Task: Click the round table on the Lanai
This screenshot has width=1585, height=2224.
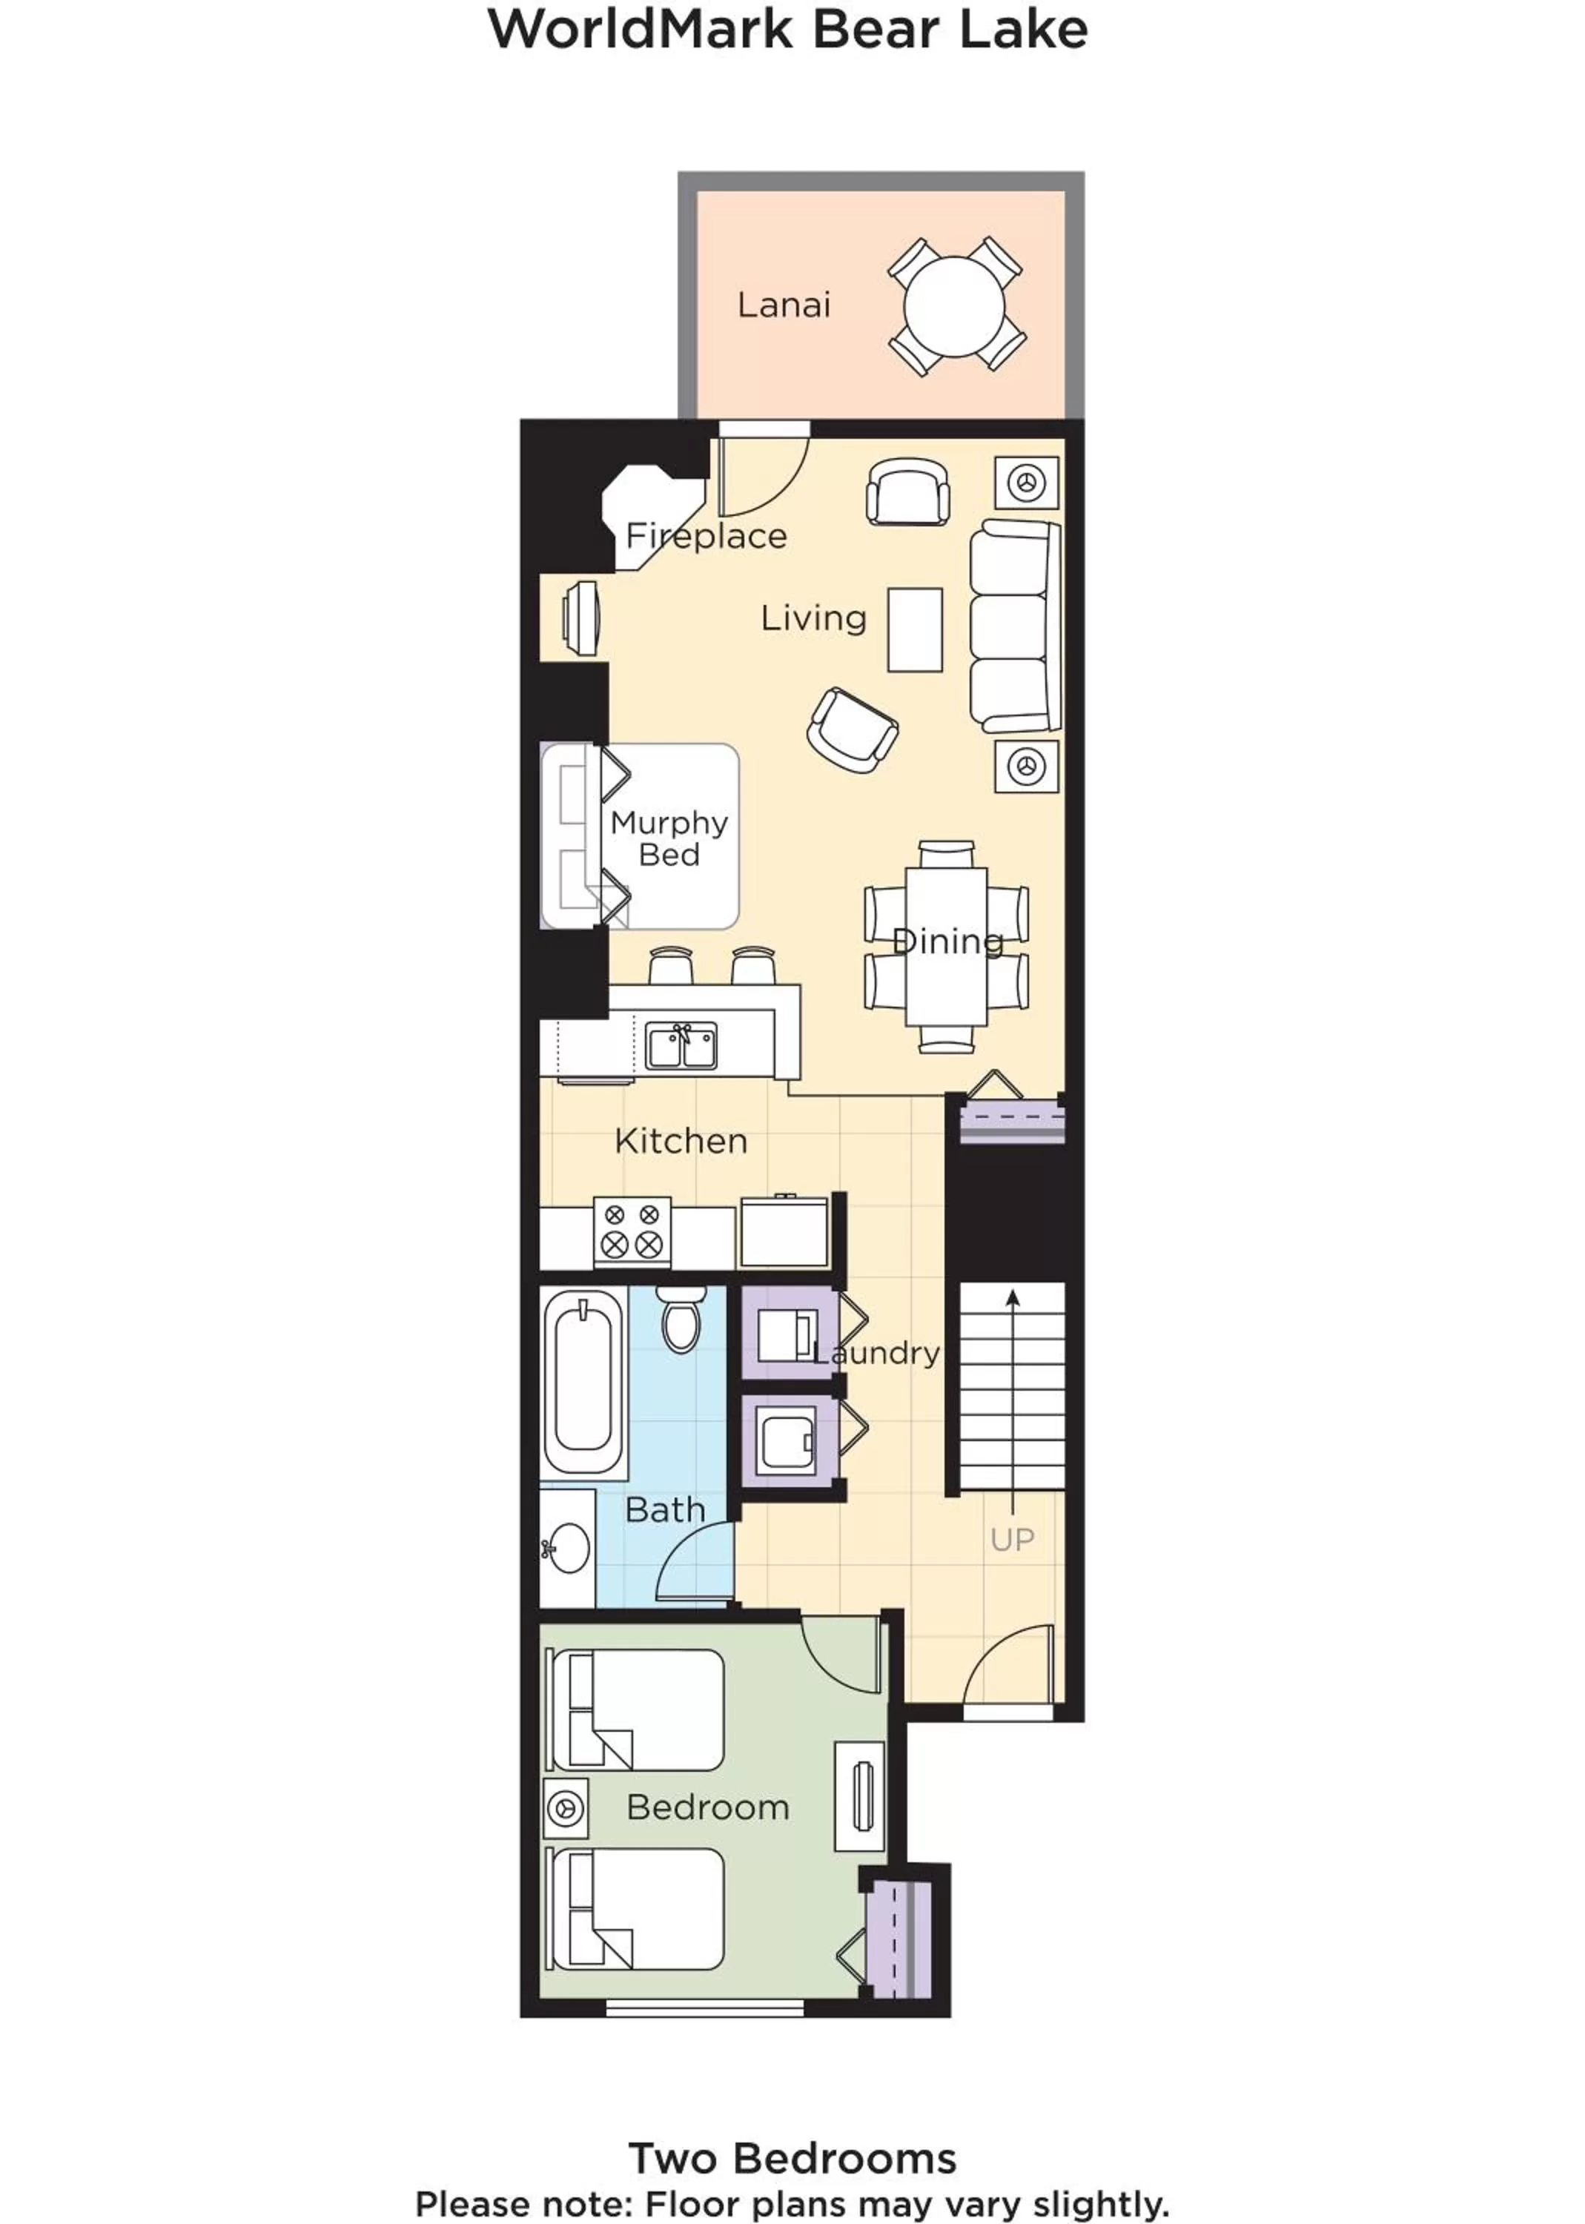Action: pyautogui.click(x=953, y=306)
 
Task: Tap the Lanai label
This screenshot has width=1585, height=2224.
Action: pyautogui.click(x=784, y=305)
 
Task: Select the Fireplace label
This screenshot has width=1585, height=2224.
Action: pyautogui.click(x=706, y=536)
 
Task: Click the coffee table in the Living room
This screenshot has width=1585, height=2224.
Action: pyautogui.click(x=915, y=629)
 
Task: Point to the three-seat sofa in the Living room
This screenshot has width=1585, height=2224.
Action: pyautogui.click(x=1015, y=626)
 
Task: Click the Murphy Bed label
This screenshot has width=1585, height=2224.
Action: pyautogui.click(x=669, y=838)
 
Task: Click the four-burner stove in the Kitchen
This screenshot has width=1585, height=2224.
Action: pyautogui.click(x=632, y=1233)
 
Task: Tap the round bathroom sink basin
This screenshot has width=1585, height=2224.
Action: pyautogui.click(x=567, y=1546)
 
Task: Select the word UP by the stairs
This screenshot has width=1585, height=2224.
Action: pyautogui.click(x=1012, y=1540)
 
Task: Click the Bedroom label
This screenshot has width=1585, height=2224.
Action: pyautogui.click(x=707, y=1807)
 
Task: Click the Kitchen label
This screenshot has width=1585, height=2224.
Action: pyautogui.click(x=681, y=1141)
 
